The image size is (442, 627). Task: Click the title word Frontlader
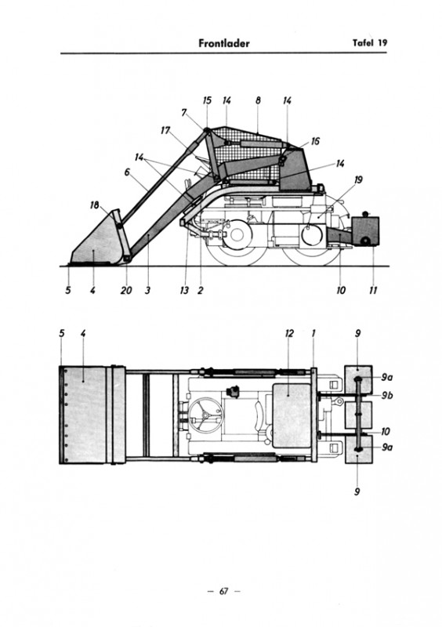224,43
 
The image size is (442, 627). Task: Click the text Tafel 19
370,43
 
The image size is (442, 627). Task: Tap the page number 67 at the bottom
223,591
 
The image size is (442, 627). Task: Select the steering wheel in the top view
205,415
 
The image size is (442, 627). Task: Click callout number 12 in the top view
289,333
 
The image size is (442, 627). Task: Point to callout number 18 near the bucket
94,205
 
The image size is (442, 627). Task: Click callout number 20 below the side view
126,290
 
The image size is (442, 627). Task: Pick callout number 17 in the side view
165,130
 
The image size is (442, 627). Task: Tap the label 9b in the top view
386,396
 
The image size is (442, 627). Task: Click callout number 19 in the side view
358,180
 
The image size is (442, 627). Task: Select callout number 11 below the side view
373,290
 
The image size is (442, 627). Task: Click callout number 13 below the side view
184,290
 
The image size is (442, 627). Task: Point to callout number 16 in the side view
315,141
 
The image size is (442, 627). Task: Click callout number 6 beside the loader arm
127,172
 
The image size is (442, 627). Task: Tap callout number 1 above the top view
313,333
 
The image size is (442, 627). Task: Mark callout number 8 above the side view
258,100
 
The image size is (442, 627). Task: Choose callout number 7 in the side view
184,113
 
